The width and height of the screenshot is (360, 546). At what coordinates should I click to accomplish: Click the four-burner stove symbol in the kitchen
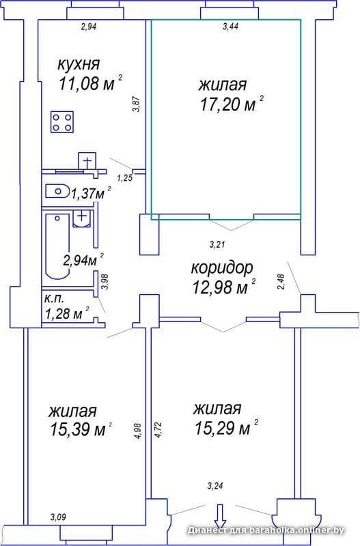point(62,122)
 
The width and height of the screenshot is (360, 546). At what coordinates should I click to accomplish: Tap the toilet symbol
point(57,191)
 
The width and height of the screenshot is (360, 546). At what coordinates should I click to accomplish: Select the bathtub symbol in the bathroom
point(57,246)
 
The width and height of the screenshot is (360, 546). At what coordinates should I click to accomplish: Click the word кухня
point(79,64)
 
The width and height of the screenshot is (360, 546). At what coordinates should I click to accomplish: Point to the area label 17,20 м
point(228,104)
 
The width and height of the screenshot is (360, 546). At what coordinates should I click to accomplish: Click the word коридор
point(222,268)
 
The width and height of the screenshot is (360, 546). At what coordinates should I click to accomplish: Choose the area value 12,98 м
point(220,287)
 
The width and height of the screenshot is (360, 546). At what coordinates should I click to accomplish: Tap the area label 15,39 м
point(78,430)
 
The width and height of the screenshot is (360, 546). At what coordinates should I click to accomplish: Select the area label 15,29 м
point(222,428)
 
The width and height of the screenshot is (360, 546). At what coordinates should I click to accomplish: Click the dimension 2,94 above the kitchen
point(89,27)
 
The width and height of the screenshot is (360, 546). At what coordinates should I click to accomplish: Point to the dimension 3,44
point(230,27)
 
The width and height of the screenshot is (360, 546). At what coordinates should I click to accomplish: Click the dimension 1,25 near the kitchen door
point(125,179)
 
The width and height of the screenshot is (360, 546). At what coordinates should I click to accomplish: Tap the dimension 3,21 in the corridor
point(217,245)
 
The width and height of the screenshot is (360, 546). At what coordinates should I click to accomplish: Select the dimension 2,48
point(282,282)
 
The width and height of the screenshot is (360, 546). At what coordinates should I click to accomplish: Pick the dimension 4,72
point(158,431)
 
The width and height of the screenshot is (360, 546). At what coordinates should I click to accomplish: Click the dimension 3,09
point(58,517)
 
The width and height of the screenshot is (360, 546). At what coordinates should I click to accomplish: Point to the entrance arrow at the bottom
point(220,517)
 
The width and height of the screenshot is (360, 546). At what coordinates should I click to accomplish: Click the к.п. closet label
point(54,299)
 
